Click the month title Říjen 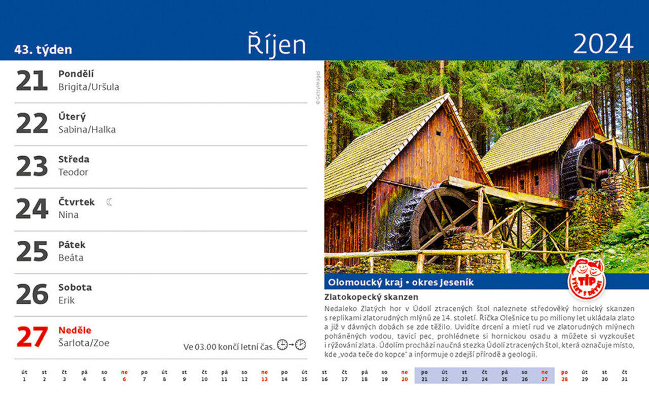[x=277, y=45]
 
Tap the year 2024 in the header [x=603, y=44]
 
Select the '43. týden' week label [x=43, y=50]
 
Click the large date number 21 [x=32, y=81]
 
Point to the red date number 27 [x=32, y=337]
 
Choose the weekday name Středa [x=74, y=159]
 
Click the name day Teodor [x=74, y=172]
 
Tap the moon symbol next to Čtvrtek [x=109, y=202]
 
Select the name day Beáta [x=71, y=258]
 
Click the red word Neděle [x=75, y=330]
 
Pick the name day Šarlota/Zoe [x=84, y=343]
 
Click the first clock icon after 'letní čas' [x=282, y=345]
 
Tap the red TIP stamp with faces [x=587, y=279]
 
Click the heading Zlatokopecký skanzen [x=371, y=297]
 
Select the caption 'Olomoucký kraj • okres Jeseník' [x=401, y=282]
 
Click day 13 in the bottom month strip [x=264, y=376]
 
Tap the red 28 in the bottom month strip [x=564, y=376]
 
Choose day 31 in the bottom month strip [x=624, y=376]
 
